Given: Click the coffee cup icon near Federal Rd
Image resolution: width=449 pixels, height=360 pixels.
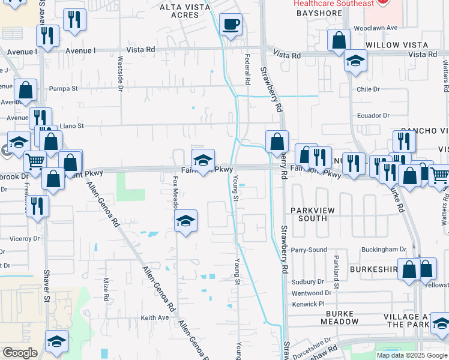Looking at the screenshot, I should coord(231,25).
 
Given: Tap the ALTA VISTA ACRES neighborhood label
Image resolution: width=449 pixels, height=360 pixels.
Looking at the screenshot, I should coord(182,13).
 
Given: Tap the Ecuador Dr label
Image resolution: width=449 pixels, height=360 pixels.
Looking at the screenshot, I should coord(373,115).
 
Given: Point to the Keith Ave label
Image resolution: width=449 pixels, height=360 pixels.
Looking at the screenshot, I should coord(155,317).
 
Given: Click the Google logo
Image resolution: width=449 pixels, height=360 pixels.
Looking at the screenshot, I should coord(20,353).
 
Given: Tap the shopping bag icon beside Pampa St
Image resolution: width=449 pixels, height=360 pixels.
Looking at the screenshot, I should coord(26,91).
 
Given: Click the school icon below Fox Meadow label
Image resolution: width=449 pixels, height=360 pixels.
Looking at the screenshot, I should coord(186,221).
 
